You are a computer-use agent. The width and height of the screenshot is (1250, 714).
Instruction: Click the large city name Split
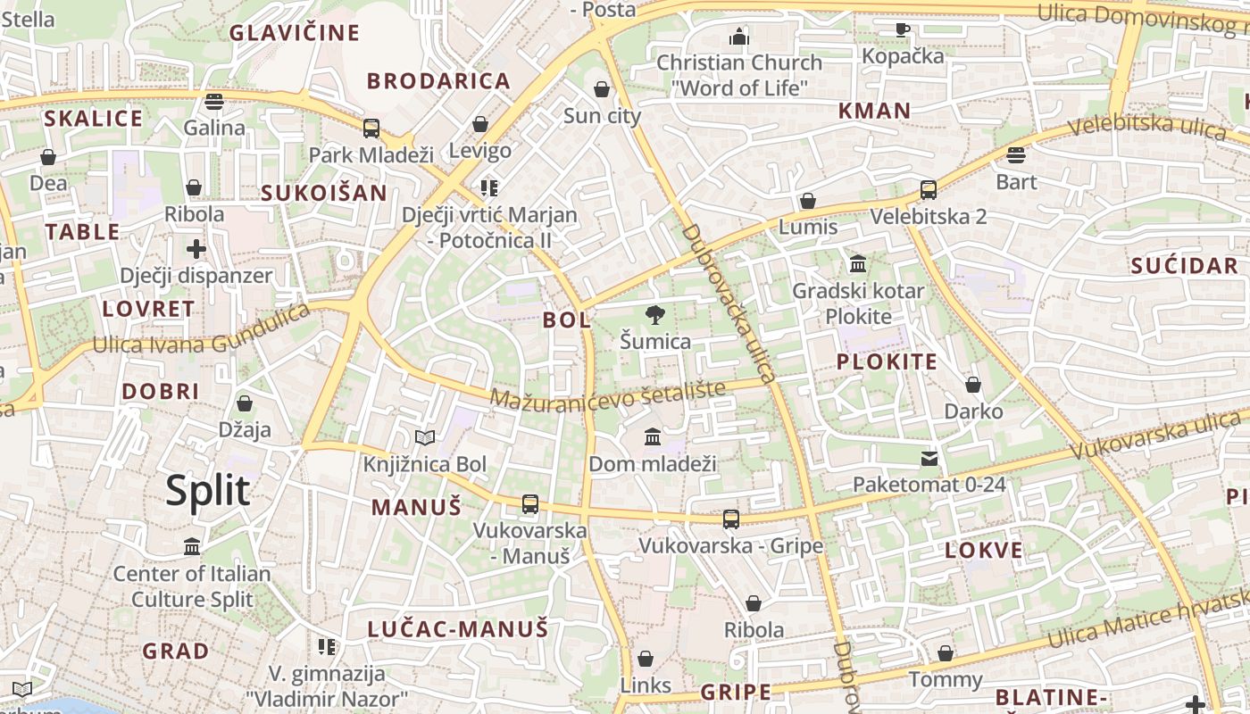[207, 491]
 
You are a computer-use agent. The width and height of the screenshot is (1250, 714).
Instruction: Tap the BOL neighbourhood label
[567, 320]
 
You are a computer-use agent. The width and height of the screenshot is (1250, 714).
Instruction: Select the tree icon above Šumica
[655, 314]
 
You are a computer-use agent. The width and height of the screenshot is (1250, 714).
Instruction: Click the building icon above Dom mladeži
[653, 437]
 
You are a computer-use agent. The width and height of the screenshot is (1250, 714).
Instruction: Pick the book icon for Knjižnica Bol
[425, 437]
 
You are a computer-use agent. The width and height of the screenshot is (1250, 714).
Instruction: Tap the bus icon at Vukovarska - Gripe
[731, 519]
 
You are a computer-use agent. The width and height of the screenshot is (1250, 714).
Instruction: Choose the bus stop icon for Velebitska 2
[929, 190]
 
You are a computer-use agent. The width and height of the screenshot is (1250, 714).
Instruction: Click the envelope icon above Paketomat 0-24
[929, 459]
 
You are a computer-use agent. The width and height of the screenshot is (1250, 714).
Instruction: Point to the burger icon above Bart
[1016, 155]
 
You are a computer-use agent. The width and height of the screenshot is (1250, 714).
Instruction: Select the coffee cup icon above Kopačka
[903, 29]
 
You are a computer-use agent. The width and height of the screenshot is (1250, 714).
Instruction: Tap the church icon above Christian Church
[738, 37]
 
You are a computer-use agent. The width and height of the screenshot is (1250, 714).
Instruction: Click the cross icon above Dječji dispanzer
[196, 248]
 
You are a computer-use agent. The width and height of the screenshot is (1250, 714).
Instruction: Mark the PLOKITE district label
[887, 362]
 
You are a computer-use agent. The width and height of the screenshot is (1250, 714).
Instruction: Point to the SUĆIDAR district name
[1184, 266]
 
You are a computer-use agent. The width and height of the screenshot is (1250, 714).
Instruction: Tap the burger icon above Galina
[213, 102]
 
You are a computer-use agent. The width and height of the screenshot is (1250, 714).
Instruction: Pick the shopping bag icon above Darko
[973, 385]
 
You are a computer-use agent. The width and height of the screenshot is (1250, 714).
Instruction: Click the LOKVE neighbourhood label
[984, 551]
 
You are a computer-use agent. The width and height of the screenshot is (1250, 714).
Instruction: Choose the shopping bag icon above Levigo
[480, 124]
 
